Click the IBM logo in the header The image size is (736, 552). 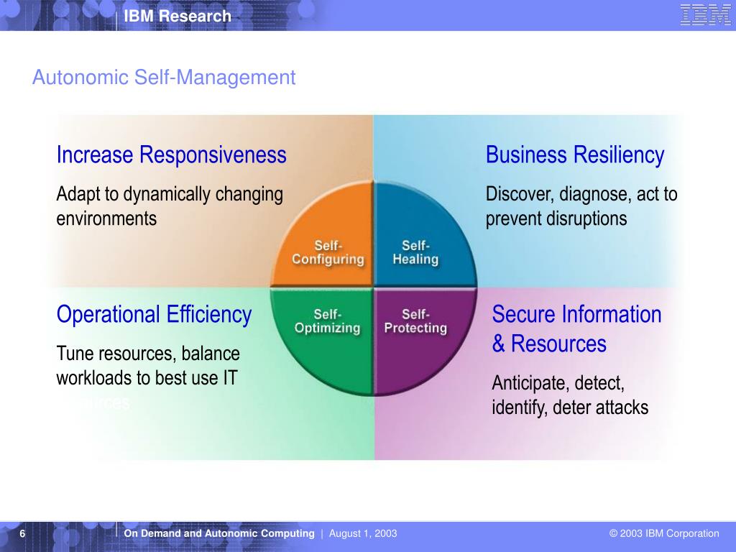tap(705, 15)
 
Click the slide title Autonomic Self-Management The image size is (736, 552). tap(164, 78)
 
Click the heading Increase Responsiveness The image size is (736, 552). tap(171, 155)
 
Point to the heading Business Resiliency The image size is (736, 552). tap(575, 155)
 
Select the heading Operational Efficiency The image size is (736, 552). tap(154, 315)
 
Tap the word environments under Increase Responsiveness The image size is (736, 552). tap(106, 218)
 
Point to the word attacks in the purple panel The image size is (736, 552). tap(622, 408)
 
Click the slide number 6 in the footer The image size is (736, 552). tap(23, 533)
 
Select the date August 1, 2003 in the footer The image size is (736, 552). tap(363, 533)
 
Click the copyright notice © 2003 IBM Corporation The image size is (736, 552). tap(664, 533)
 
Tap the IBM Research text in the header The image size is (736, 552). tap(177, 16)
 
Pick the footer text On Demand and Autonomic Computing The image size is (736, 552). tap(219, 533)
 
